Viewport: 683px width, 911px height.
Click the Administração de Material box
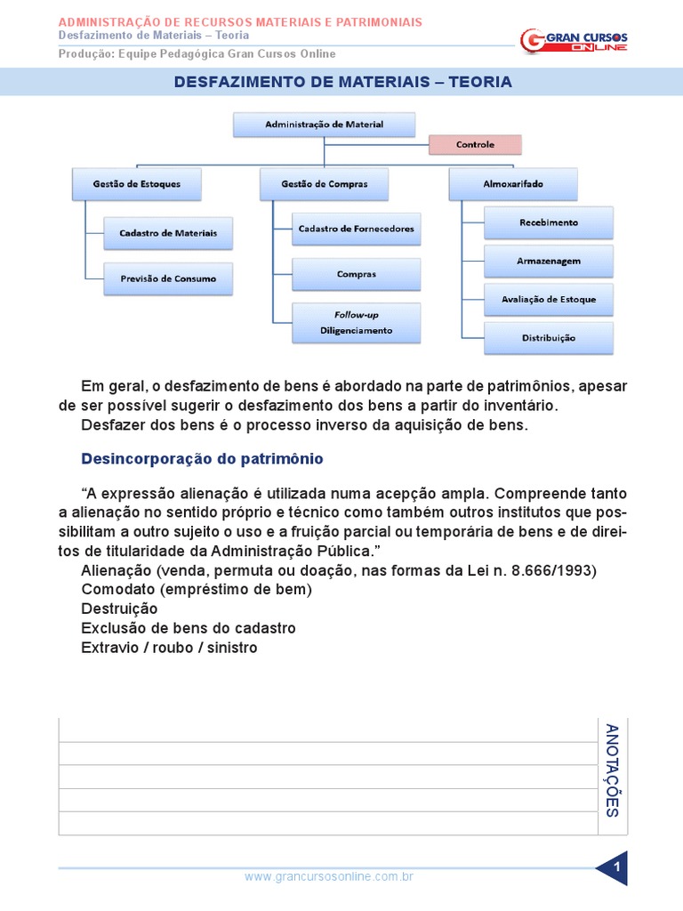pyautogui.click(x=324, y=125)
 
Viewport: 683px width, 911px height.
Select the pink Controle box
pyautogui.click(x=475, y=144)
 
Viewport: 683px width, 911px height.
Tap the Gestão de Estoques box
pyautogui.click(x=137, y=184)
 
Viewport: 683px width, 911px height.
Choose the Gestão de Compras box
pyautogui.click(x=325, y=184)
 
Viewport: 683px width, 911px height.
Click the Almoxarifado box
pyautogui.click(x=513, y=184)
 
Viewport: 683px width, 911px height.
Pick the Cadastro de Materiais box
pyautogui.click(x=168, y=233)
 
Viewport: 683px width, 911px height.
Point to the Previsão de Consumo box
pyautogui.click(x=168, y=278)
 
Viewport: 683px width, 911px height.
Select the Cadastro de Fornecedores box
pyautogui.click(x=356, y=229)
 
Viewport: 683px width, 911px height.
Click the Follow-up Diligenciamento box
pyautogui.click(x=356, y=323)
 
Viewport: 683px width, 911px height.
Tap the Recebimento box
pyautogui.click(x=549, y=222)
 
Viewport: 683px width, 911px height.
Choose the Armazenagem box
pyautogui.click(x=549, y=262)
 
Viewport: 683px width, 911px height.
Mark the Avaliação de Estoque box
pyautogui.click(x=549, y=300)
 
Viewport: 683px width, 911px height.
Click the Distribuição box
pyautogui.click(x=549, y=338)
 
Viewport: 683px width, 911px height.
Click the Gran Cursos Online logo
pyautogui.click(x=574, y=41)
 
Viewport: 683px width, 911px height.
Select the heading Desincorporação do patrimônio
pyautogui.click(x=202, y=459)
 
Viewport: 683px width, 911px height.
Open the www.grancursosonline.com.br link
pyautogui.click(x=329, y=876)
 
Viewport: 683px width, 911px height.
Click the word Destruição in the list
pyautogui.click(x=119, y=609)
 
